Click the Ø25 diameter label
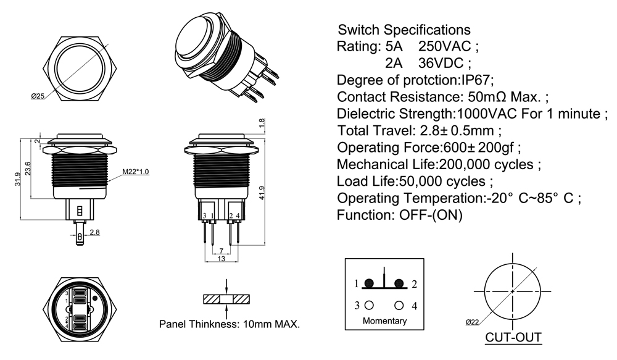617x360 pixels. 38,96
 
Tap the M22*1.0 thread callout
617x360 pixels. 135,171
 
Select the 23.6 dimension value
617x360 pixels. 28,168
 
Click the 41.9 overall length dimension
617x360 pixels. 262,193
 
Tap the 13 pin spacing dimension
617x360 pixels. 221,258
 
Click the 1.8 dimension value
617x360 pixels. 262,124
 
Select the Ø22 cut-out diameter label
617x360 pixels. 473,322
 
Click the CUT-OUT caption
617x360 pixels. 513,338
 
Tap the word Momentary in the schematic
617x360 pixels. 384,320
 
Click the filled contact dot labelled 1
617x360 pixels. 369,283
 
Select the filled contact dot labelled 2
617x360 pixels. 399,283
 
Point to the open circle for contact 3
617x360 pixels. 369,305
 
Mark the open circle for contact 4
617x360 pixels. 399,305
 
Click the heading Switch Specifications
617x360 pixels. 404,30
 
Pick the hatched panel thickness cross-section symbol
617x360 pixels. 227,299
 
